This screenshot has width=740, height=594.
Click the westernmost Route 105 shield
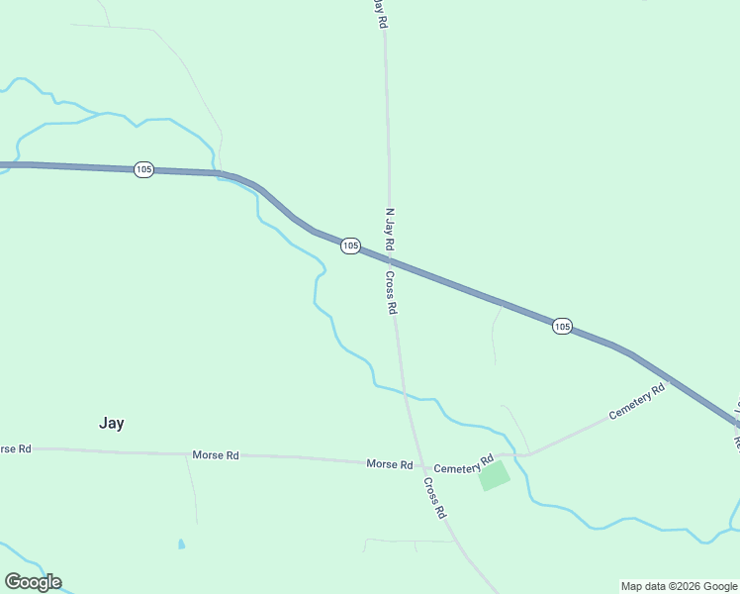[x=143, y=169]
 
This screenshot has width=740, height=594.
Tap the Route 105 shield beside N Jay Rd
[x=350, y=245]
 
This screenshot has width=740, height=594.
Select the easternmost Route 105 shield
[x=562, y=326]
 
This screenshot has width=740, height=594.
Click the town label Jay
[x=112, y=423]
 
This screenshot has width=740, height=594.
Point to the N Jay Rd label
[x=389, y=229]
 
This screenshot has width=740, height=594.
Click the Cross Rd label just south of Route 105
[x=391, y=293]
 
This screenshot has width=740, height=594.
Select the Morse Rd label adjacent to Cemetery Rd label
[x=389, y=463]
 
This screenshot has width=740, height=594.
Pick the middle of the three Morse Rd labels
[x=216, y=455]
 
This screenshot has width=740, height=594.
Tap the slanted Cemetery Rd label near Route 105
[x=637, y=401]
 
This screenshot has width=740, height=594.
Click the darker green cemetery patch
[x=494, y=475]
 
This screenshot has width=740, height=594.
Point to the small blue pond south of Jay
[x=180, y=544]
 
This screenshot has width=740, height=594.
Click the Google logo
[x=33, y=582]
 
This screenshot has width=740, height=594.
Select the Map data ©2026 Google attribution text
[x=679, y=586]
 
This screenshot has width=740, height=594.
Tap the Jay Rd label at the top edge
[x=378, y=14]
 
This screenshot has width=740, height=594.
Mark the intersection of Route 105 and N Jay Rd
[x=390, y=260]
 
